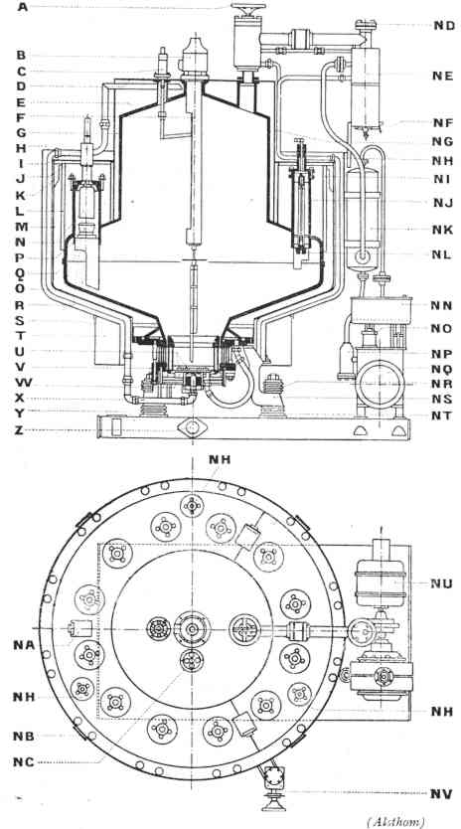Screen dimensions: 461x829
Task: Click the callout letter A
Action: [22, 7]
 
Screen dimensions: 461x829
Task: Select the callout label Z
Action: [20, 430]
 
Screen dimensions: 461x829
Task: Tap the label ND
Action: [444, 25]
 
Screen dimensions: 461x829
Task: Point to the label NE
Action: [442, 76]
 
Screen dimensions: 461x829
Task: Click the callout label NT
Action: [441, 415]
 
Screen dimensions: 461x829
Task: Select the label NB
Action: [23, 736]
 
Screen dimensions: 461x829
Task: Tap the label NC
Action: [23, 761]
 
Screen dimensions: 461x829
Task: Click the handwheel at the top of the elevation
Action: [248, 8]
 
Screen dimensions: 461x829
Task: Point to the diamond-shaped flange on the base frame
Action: [193, 427]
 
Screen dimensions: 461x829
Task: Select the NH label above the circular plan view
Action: [220, 459]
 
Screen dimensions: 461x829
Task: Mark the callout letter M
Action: [20, 227]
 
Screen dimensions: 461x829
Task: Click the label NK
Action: [442, 230]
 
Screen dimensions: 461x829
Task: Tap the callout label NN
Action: [441, 305]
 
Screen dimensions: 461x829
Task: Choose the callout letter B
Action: [21, 55]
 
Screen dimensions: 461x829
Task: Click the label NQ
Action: [441, 368]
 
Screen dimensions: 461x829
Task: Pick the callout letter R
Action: [20, 305]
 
